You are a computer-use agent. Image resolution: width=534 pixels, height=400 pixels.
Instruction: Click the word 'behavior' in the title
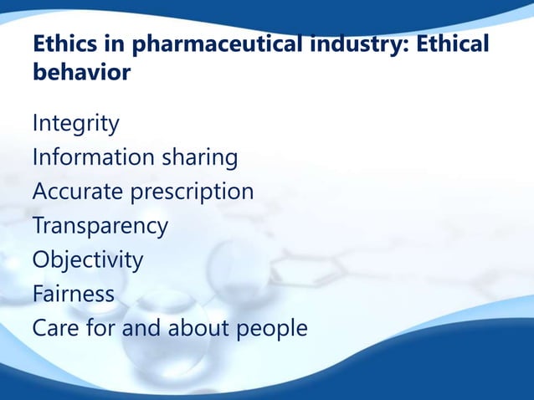coord(81,73)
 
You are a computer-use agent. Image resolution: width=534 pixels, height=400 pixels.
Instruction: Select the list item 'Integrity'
coord(75,124)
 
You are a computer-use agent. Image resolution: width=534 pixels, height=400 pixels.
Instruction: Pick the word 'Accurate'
coord(77,192)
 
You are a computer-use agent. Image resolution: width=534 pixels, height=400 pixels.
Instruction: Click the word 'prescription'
coord(192,192)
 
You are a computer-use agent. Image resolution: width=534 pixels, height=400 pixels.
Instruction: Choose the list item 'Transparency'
coord(100,226)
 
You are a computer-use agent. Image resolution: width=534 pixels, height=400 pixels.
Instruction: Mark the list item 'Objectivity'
coord(87,259)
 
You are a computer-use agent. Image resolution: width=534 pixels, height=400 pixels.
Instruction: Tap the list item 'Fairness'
coord(73,294)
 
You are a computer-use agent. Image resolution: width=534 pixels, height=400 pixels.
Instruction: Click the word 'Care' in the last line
coord(55,328)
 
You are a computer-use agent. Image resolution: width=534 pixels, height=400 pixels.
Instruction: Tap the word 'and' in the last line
coord(141,328)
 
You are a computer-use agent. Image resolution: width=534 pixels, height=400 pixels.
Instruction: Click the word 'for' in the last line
coord(100,328)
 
